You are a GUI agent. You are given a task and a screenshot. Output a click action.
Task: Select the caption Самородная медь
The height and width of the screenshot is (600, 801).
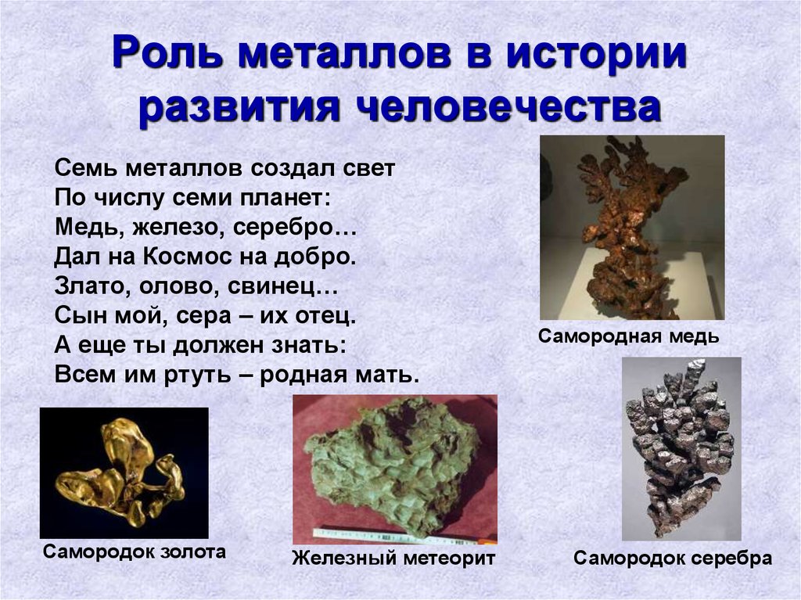coord(628,337)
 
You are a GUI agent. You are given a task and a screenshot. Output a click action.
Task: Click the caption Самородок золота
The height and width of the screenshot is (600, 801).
coord(135,552)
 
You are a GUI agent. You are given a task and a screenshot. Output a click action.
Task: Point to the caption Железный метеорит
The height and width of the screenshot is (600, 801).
coord(393,558)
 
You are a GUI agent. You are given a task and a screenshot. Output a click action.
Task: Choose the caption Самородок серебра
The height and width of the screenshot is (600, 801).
coord(672,558)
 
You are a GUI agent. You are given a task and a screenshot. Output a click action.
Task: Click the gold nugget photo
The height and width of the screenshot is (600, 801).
coord(124,472)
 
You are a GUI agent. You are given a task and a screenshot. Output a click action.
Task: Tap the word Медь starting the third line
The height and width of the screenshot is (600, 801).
coord(87,228)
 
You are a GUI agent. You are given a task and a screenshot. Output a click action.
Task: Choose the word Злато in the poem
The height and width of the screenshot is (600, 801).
coord(90,286)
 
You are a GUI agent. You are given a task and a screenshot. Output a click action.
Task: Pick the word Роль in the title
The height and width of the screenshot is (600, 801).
coord(167,53)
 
